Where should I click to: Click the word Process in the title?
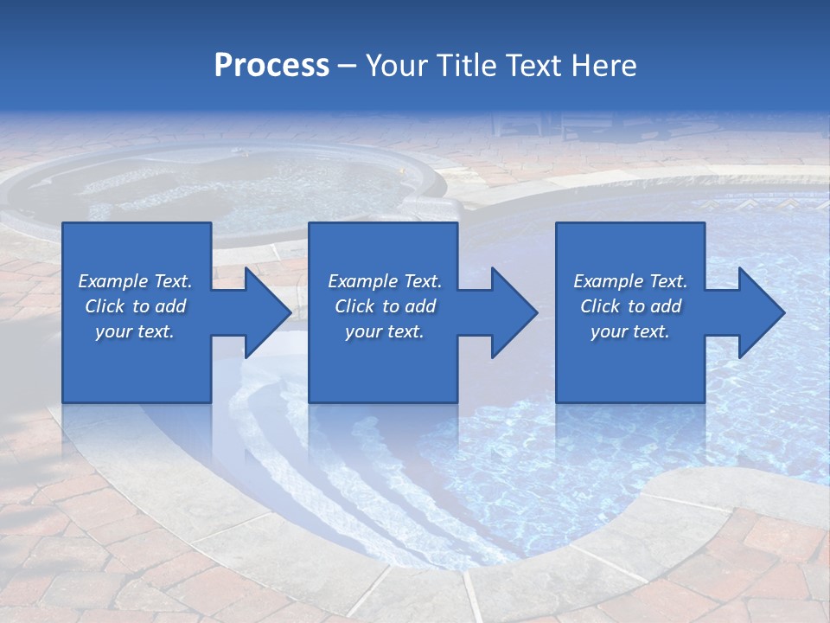271,65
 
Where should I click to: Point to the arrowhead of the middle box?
513,312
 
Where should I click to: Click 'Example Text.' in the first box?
135,281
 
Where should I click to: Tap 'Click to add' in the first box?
135,306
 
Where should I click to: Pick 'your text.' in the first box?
135,331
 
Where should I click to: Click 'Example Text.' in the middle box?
385,281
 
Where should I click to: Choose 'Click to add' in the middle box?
385,306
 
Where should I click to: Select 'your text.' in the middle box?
385,331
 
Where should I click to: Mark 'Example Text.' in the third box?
630,281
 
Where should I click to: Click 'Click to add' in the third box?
630,306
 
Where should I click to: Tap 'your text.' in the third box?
630,331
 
